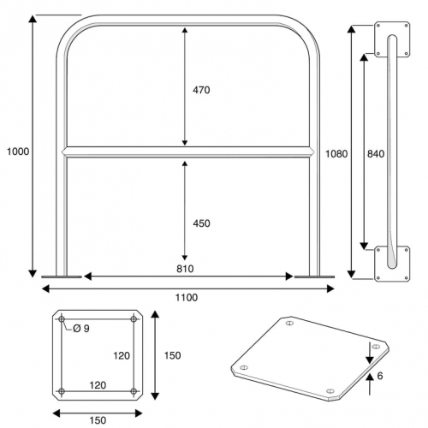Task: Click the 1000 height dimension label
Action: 18,152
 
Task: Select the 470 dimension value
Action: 201,90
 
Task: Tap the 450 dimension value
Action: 201,223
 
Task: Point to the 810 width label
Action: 185,269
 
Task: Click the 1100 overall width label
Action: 187,298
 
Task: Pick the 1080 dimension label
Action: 336,154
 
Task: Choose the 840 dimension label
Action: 376,154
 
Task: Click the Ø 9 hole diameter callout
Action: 81,329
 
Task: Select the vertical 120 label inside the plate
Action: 122,356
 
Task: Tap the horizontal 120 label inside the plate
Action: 98,385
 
